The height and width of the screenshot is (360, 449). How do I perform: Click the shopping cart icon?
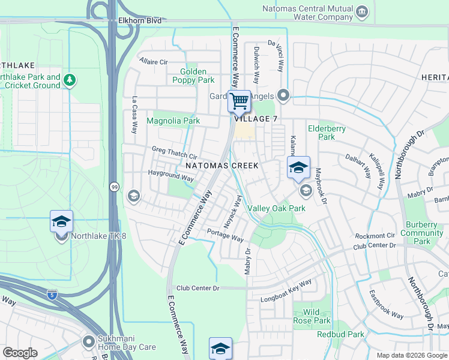pos(239,101)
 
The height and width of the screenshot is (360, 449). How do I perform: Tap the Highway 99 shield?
pos(113,187)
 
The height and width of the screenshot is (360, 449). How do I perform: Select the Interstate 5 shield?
pos(53,295)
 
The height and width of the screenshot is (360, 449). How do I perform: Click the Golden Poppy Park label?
pos(193,76)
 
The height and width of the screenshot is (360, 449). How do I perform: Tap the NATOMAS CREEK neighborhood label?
pos(221,165)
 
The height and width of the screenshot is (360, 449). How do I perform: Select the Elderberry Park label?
pos(321,132)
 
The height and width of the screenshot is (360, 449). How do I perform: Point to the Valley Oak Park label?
pos(277,208)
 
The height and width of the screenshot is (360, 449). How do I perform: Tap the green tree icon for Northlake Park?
pos(70,79)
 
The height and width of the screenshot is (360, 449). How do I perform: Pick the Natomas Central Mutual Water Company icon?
pos(362,11)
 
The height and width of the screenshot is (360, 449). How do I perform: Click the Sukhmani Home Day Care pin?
pos(88,340)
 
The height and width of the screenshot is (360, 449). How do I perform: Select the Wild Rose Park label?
pos(311,316)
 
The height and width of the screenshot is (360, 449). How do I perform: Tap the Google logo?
pos(21,352)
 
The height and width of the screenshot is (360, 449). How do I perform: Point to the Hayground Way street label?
pos(172,178)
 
